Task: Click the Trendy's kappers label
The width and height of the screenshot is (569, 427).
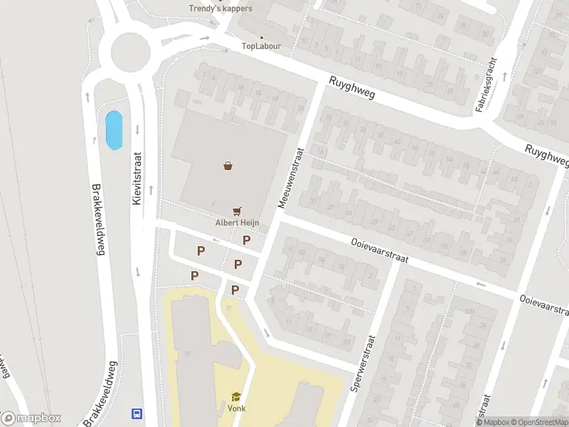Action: click(x=220, y=8)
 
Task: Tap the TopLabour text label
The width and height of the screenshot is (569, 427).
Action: click(x=262, y=46)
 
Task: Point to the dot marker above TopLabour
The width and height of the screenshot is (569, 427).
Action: click(x=262, y=37)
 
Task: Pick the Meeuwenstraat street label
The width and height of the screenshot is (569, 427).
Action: click(x=292, y=178)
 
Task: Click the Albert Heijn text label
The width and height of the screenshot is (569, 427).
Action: click(x=237, y=222)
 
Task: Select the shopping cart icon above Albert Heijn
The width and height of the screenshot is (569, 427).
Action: click(x=238, y=211)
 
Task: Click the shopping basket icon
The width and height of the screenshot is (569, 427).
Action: click(x=228, y=166)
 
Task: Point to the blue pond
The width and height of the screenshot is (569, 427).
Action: click(x=113, y=130)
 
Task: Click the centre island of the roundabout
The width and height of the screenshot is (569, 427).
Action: click(x=130, y=51)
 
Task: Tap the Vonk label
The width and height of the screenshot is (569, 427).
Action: click(x=236, y=408)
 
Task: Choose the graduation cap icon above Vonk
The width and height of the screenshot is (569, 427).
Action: click(x=235, y=397)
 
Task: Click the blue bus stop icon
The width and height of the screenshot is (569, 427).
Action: click(x=136, y=413)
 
